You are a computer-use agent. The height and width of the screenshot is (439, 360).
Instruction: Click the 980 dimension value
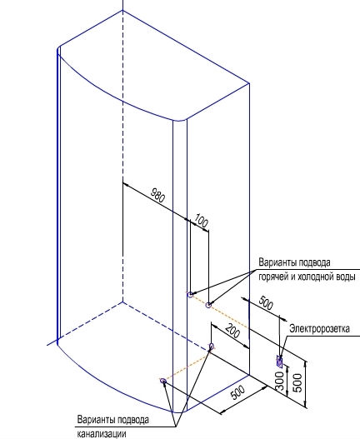[x=158, y=195]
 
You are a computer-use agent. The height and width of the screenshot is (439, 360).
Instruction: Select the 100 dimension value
[x=202, y=221]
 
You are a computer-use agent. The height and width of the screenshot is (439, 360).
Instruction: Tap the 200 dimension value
[x=232, y=331]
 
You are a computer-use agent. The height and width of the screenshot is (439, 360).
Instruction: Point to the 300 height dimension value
[x=280, y=381]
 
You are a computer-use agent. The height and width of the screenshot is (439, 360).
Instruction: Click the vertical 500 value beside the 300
[x=297, y=382]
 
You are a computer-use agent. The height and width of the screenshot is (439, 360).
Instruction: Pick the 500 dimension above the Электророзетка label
[x=266, y=303]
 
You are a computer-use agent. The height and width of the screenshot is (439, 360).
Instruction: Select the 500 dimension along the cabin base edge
[x=237, y=392]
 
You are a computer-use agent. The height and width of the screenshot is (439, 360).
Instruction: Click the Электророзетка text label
[x=319, y=328]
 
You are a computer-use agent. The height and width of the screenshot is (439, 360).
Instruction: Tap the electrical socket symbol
[x=279, y=362]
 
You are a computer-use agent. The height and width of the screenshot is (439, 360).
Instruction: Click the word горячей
[x=269, y=277]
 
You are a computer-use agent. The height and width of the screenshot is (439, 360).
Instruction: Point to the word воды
[x=344, y=277]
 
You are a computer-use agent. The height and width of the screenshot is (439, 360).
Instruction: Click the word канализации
[x=101, y=434]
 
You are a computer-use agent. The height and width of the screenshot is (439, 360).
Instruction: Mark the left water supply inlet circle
[x=191, y=295]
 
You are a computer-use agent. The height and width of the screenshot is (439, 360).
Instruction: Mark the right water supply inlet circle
[x=208, y=305]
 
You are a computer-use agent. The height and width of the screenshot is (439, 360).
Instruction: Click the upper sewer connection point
[x=211, y=347]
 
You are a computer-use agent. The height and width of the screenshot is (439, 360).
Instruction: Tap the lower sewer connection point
[x=163, y=381]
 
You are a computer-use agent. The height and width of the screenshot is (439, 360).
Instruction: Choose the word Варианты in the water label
[x=277, y=262]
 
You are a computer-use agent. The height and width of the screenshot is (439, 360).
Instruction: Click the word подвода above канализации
[x=132, y=420]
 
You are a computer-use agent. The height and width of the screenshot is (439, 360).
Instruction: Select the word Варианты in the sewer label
[x=96, y=420]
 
